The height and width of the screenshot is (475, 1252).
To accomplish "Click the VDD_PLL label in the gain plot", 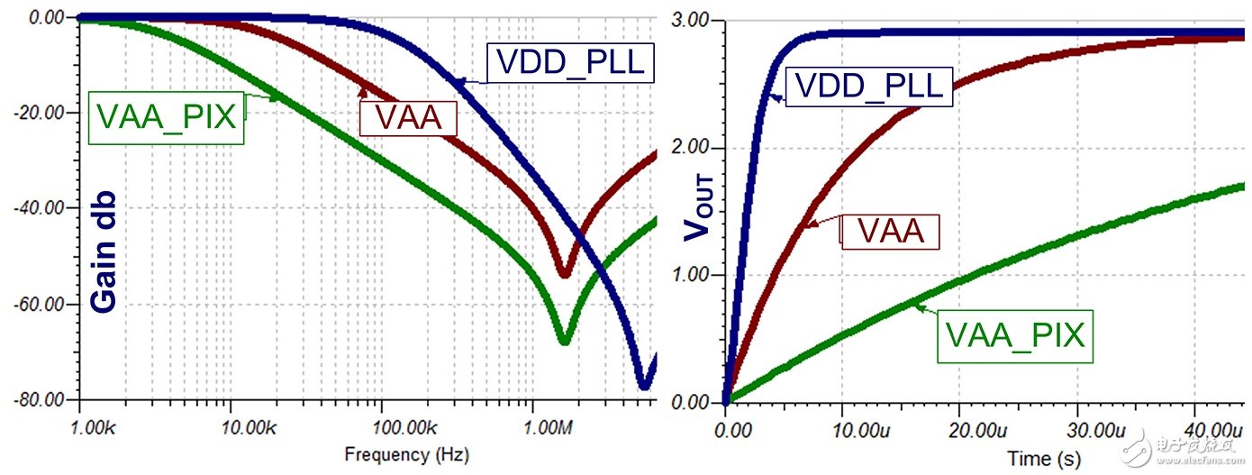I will [x=570, y=62].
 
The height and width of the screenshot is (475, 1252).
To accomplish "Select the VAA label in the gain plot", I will [x=408, y=117].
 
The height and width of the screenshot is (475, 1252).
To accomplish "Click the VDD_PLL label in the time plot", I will [x=868, y=86].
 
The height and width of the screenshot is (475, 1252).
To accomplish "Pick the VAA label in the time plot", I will [x=891, y=232].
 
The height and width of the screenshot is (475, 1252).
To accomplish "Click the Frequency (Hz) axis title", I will [x=406, y=454].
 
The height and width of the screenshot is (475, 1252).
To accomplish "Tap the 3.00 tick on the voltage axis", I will [x=692, y=21].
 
